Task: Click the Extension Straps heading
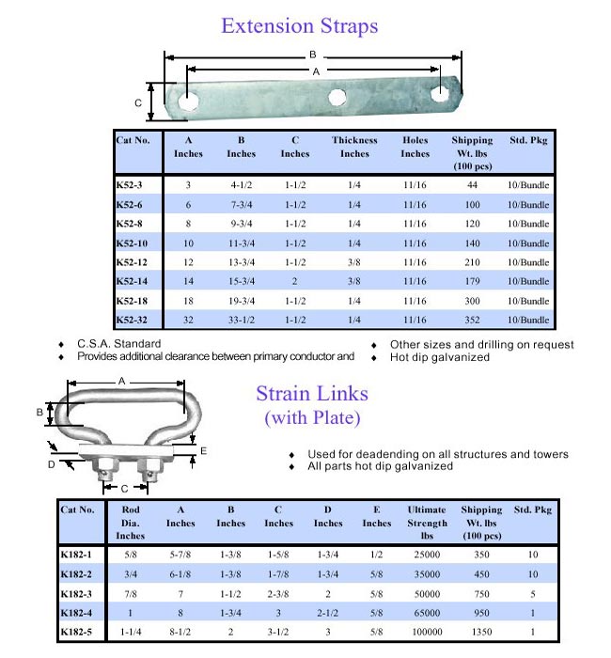click(x=299, y=25)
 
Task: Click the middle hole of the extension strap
click(x=337, y=97)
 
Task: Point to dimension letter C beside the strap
click(x=138, y=102)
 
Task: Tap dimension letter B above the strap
click(x=312, y=55)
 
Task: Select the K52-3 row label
click(x=129, y=185)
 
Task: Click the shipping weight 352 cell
click(x=472, y=321)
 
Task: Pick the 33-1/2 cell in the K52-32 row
click(x=241, y=321)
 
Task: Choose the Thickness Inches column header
click(x=354, y=148)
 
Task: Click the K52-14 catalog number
click(x=133, y=281)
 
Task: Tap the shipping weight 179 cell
click(x=472, y=281)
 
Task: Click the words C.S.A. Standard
click(x=118, y=345)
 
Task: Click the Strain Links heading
click(x=312, y=394)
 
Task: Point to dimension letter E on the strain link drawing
click(x=204, y=452)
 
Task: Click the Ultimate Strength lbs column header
click(x=427, y=523)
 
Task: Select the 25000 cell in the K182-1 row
click(x=427, y=555)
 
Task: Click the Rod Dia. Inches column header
click(x=131, y=523)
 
